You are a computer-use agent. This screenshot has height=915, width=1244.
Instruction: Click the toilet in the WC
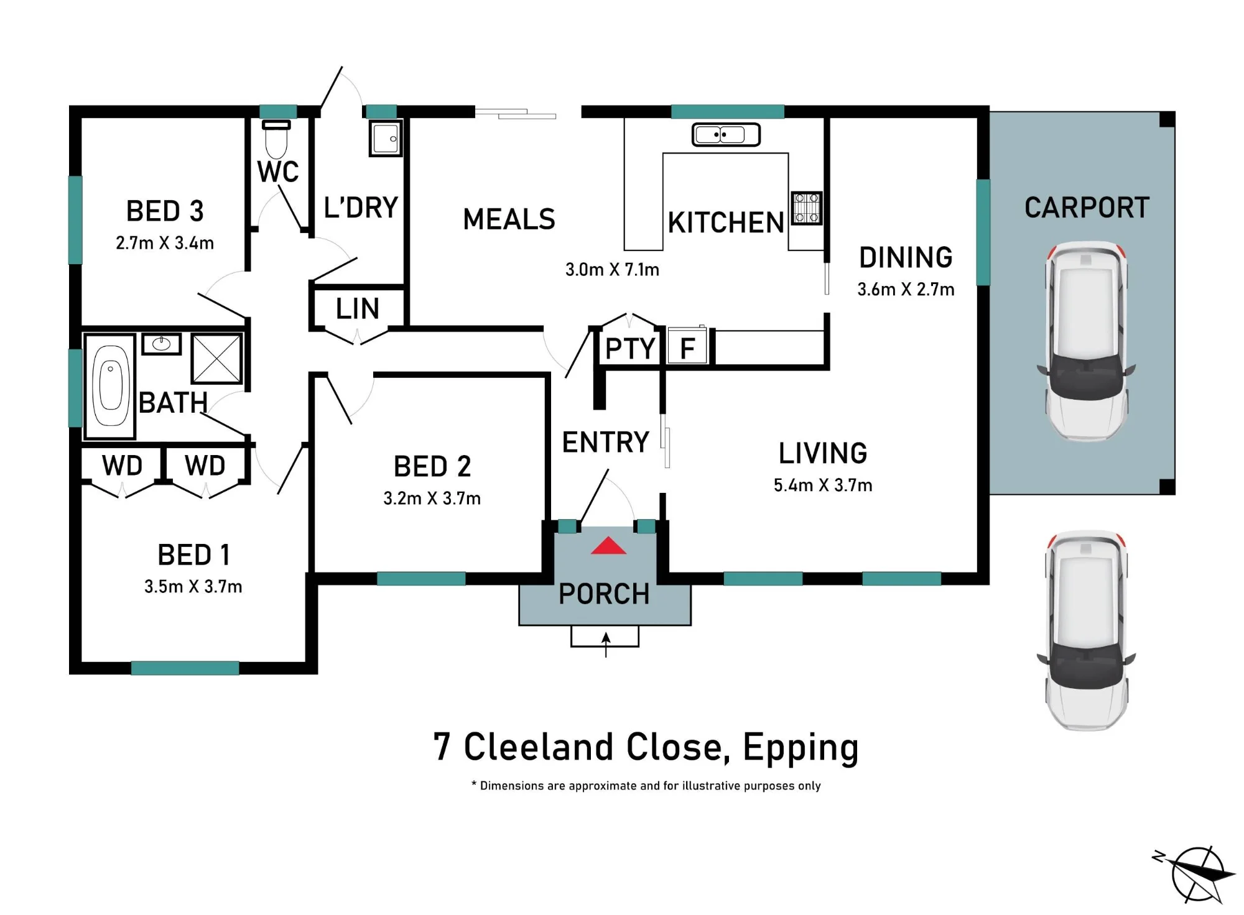[277, 139]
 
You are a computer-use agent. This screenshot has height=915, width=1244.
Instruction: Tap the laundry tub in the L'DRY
[386, 138]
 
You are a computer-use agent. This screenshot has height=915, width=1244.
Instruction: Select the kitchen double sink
[726, 134]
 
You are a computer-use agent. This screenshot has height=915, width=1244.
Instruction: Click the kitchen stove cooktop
[806, 208]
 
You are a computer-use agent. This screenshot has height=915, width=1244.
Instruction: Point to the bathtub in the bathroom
[110, 387]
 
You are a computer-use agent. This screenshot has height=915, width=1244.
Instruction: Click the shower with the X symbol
[216, 359]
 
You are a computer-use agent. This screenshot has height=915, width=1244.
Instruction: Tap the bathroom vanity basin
[161, 344]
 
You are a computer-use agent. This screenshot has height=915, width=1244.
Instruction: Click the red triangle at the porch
[608, 546]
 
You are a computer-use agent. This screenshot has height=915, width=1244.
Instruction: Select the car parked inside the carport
[1086, 341]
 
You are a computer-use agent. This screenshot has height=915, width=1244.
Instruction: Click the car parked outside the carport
[1086, 630]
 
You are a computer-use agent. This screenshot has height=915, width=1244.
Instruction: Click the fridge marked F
[687, 346]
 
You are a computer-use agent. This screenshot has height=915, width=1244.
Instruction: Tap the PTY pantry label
[630, 349]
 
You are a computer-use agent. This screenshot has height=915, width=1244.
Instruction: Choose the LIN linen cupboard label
[358, 309]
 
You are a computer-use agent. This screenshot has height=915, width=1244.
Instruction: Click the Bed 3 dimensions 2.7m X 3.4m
[165, 243]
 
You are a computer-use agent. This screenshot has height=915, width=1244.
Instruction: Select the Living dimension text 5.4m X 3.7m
[823, 485]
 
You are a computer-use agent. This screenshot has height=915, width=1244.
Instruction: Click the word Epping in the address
[801, 748]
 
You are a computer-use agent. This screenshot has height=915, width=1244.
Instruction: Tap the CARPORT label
[1087, 208]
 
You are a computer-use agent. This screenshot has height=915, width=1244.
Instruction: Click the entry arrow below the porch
[606, 645]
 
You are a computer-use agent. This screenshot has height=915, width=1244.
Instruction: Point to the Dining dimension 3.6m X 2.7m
[906, 290]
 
